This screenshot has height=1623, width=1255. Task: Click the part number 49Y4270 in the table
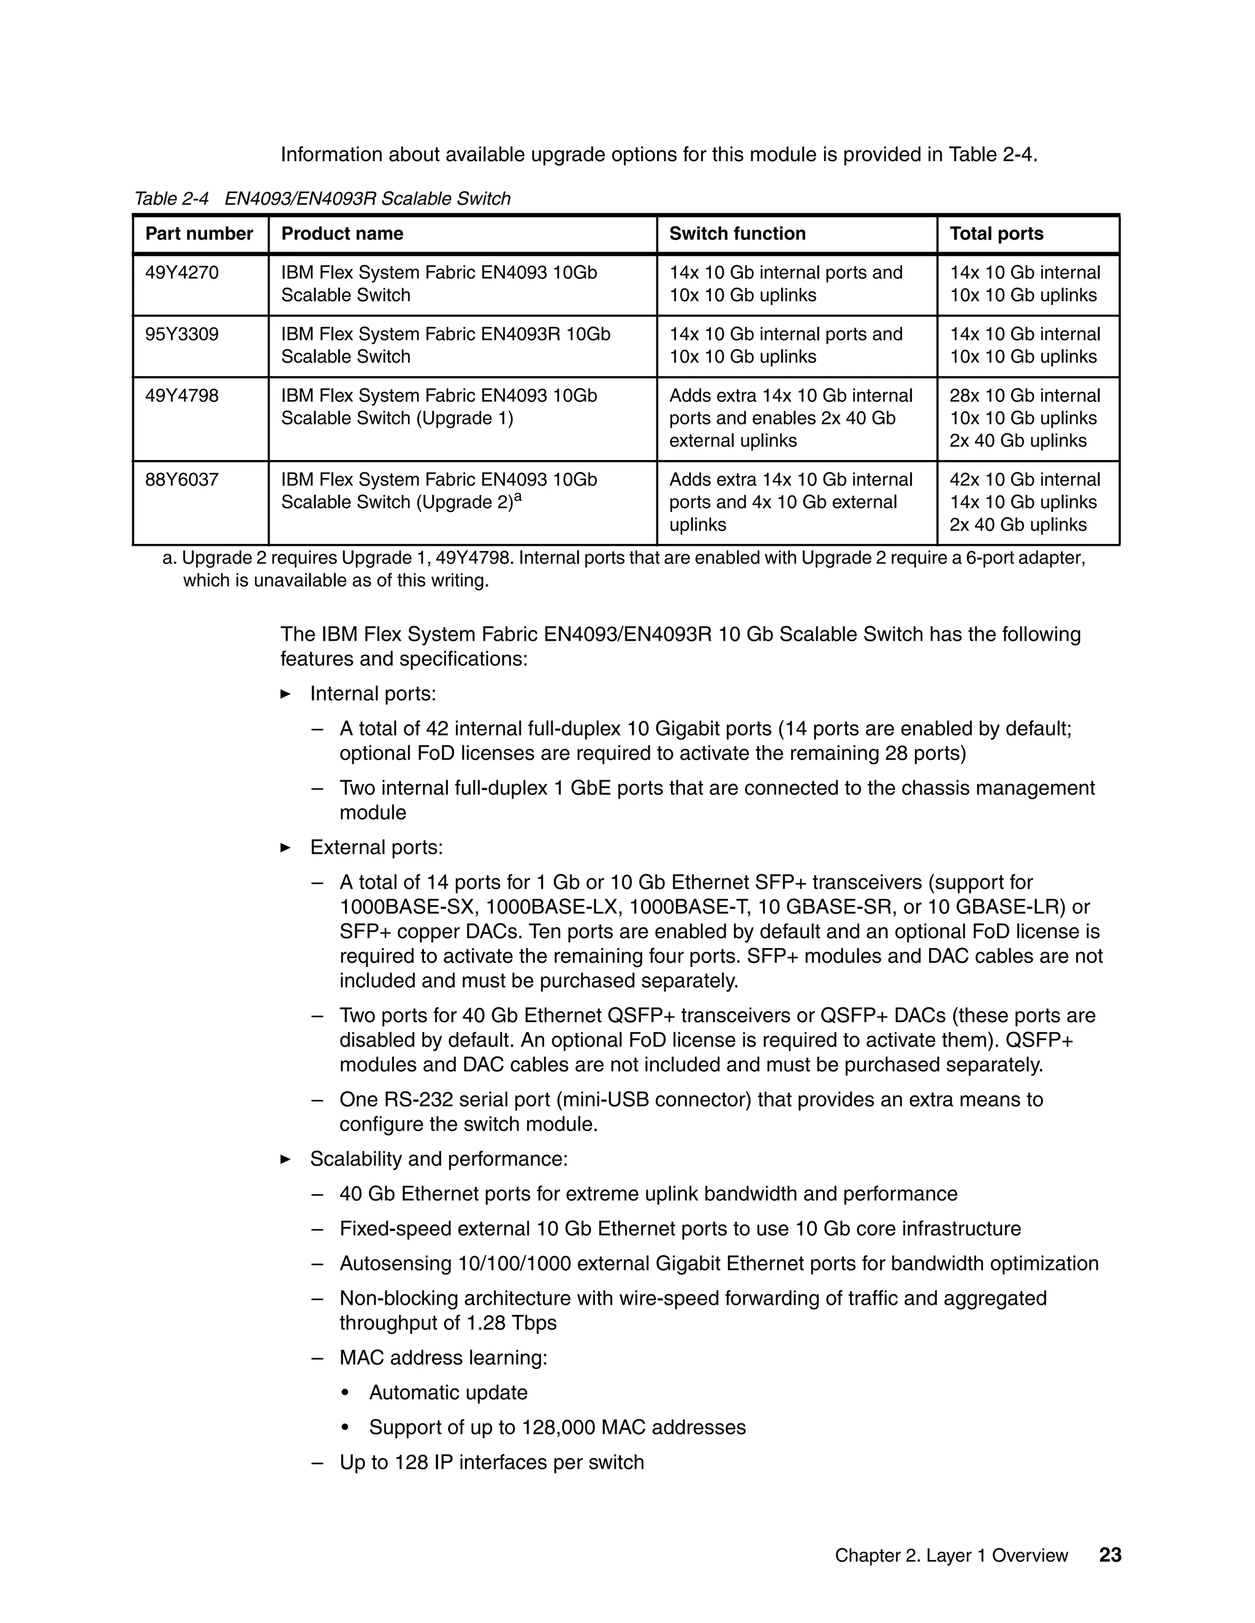(x=181, y=273)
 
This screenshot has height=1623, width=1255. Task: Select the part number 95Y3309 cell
(x=181, y=334)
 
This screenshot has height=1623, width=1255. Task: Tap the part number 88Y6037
(x=181, y=480)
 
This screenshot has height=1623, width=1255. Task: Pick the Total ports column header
(x=996, y=234)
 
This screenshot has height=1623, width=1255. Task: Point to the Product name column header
(x=342, y=234)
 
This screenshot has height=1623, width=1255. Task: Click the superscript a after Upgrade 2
(x=518, y=497)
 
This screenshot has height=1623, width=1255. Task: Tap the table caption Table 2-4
(x=172, y=199)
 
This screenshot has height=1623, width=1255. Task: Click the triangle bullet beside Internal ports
(x=286, y=694)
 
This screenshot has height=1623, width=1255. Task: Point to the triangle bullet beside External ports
(x=286, y=848)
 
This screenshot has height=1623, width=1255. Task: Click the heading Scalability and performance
(x=439, y=1159)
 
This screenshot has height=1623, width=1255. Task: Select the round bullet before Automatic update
(x=344, y=1393)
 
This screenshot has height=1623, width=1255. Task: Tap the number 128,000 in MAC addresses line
(x=558, y=1428)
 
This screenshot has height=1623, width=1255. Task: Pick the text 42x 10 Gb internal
(x=1024, y=480)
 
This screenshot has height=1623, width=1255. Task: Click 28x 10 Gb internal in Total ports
(x=1024, y=396)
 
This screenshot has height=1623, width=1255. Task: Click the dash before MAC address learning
(x=317, y=1358)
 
